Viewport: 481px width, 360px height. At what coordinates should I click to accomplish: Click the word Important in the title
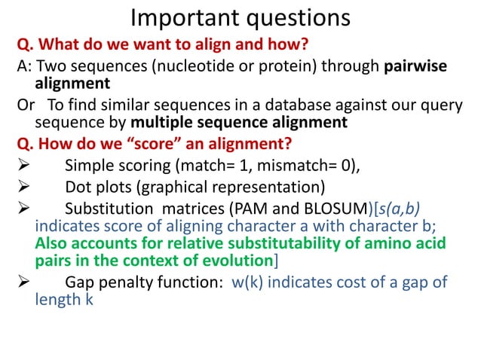tap(179, 16)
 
